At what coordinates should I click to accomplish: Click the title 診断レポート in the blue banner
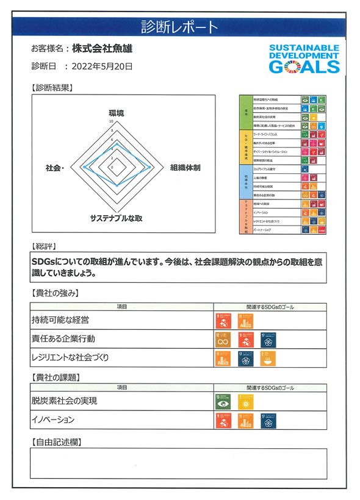click(179, 27)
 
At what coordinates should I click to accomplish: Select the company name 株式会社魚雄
click(102, 48)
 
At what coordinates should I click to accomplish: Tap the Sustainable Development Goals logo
click(304, 59)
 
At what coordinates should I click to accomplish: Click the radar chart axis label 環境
click(116, 113)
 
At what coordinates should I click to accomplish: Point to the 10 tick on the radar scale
click(111, 121)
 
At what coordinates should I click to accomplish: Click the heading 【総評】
click(43, 246)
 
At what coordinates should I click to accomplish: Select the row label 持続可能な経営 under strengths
click(60, 320)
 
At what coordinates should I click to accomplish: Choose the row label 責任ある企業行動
click(63, 338)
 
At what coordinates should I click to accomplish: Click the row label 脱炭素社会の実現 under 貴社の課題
click(64, 401)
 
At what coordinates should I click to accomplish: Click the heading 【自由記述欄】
click(56, 441)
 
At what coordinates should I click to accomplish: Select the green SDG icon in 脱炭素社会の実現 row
click(221, 402)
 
